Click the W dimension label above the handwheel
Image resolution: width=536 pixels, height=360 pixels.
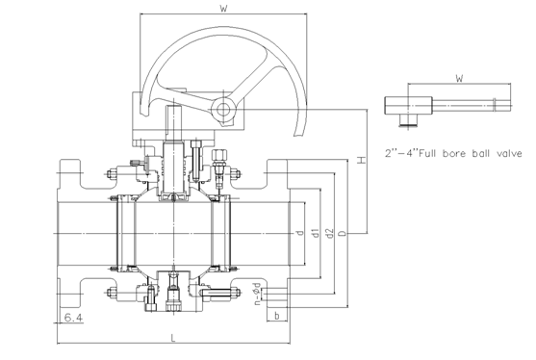tap(223, 9)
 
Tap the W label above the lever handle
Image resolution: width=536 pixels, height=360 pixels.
tap(459, 78)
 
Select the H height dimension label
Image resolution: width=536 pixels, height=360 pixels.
tap(361, 160)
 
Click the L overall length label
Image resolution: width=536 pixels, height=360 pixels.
tap(173, 338)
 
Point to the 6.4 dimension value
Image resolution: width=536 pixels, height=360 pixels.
tap(73, 318)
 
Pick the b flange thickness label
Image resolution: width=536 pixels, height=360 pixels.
tap(277, 317)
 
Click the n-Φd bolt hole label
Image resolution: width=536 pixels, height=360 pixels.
tap(258, 294)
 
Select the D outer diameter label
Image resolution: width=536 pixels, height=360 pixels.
tap(343, 234)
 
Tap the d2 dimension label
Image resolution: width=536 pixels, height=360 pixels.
tap(329, 234)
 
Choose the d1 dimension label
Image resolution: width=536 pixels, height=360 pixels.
tap(316, 234)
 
